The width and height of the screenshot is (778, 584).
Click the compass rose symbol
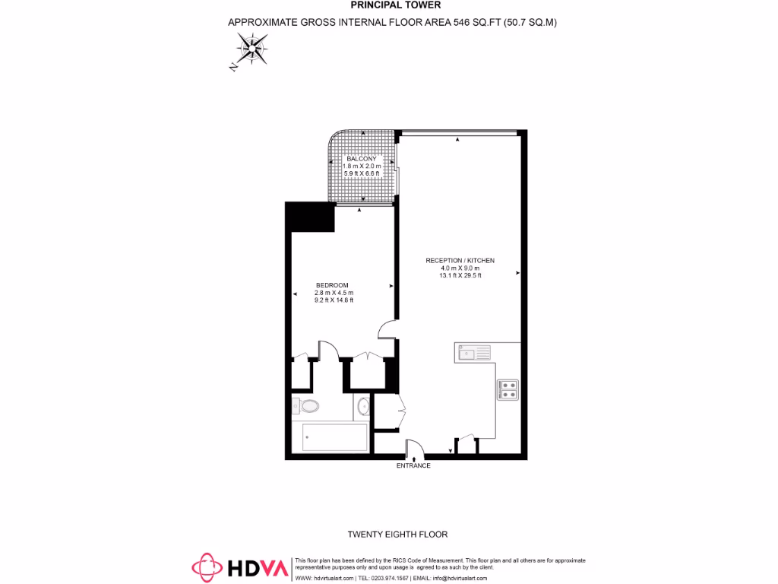(249, 52)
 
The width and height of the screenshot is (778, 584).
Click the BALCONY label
(361, 158)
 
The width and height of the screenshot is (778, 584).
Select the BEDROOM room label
(332, 285)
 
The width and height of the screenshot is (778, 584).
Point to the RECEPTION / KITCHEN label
(460, 260)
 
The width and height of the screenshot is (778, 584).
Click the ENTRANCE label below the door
(413, 465)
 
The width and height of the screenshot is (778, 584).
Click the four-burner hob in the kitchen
(508, 389)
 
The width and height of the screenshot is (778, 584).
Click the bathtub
(335, 437)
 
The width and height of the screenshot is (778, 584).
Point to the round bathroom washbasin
(364, 408)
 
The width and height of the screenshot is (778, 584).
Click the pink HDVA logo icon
(207, 567)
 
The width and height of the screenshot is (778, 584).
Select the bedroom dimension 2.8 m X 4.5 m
(334, 293)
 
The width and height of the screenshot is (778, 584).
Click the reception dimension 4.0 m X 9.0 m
(460, 268)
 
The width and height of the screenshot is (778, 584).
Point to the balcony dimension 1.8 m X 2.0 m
(361, 166)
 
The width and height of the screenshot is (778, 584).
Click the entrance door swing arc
(414, 449)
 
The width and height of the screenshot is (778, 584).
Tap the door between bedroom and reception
(387, 329)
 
